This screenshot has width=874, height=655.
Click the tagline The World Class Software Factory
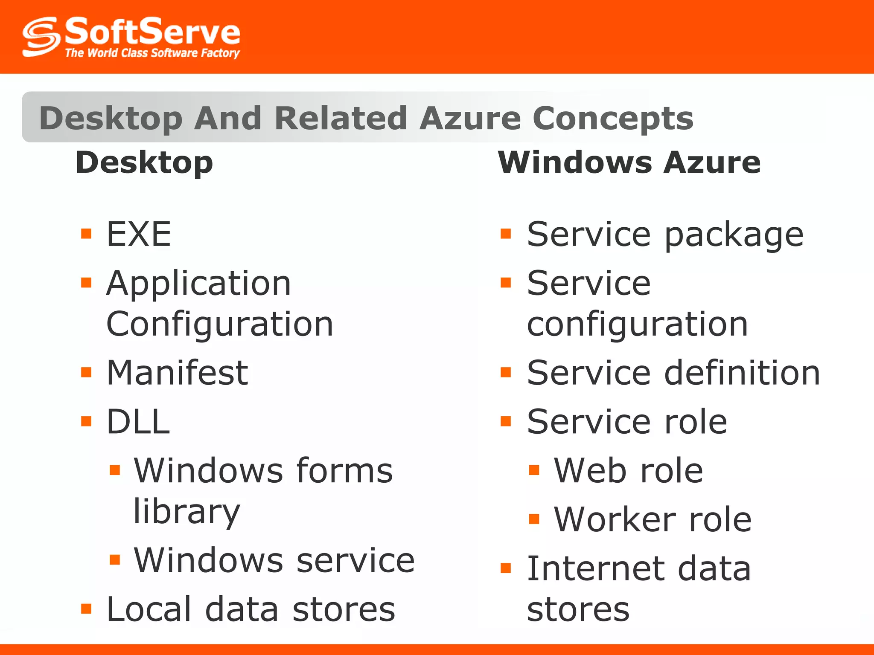pos(152,53)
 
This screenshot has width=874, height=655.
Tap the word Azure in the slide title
pos(470,118)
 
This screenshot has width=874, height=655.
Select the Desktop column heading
pos(144,163)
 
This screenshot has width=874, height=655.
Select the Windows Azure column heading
pos(629,163)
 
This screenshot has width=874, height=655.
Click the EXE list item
pos(139,234)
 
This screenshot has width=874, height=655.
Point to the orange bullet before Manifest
pos(86,372)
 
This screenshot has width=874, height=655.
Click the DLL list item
pos(138,422)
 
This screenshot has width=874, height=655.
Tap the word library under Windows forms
pos(187,511)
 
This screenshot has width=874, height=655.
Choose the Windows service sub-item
pos(274,560)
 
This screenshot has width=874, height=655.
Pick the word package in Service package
pos(734,235)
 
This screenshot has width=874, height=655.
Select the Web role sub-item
pos(628,470)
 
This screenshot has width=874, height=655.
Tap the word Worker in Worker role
pos(615,519)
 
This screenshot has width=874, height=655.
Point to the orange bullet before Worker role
pos(534,519)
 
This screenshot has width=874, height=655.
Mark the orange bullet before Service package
pos(506,234)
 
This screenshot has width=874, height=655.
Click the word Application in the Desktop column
pos(198,283)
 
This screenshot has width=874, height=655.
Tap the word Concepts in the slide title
pos(613,118)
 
